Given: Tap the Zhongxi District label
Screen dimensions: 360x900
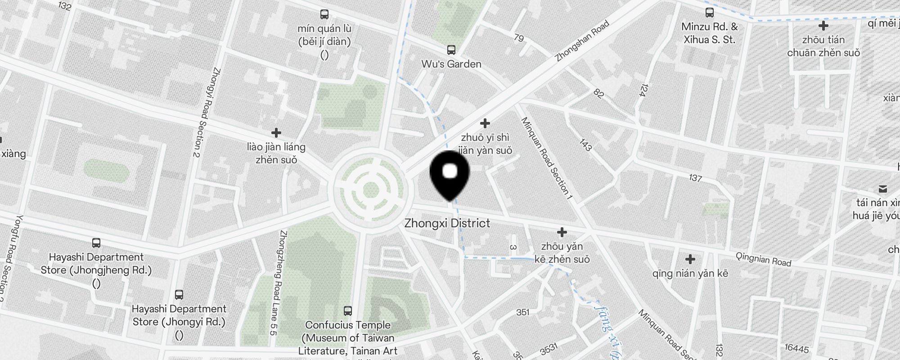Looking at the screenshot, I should pos(447,223).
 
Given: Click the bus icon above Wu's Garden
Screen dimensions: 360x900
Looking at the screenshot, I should pos(451,50).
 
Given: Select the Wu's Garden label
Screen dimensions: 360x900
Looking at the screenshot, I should pos(451,64).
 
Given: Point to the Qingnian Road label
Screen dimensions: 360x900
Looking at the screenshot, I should pos(763,259).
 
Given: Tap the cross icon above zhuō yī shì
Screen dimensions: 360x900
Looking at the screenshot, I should pos(485,123).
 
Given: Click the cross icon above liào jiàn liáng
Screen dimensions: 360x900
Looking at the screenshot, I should pos(276,133).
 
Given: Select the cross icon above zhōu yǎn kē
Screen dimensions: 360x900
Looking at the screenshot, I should pos(562,232).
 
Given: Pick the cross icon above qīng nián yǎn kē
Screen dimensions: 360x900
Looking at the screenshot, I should pos(690,259).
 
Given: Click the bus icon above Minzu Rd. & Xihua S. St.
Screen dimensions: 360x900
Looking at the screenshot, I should pos(709,13).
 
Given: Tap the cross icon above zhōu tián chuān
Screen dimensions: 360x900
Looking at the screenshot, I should pos(823,26).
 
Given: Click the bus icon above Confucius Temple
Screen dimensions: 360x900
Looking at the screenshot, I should pos(347,310).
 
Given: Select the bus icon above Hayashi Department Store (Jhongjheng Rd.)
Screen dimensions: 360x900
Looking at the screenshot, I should pos(96,243).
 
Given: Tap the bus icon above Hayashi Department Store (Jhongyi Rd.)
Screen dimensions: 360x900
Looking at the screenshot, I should pos(179,295).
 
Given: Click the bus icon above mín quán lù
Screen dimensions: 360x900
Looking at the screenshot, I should pos(324,14).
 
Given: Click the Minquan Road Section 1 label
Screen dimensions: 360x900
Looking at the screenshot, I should pos(546,158).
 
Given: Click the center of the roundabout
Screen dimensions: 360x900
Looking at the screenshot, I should pos(370,189).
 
